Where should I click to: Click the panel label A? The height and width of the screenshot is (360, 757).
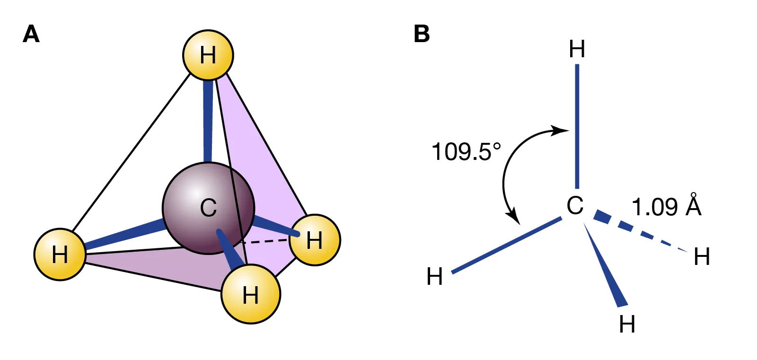[31, 34]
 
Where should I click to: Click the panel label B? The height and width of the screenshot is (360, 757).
[422, 34]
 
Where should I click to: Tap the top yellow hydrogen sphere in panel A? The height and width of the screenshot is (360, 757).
[208, 55]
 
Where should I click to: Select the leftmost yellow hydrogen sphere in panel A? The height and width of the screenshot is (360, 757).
[60, 255]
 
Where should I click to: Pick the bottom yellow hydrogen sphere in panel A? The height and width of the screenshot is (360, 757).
[251, 294]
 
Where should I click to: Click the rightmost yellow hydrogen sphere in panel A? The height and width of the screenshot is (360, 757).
[315, 240]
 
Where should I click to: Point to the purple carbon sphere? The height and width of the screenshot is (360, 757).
[208, 208]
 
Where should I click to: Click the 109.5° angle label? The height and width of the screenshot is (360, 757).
[466, 152]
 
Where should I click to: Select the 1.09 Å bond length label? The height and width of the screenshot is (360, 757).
[666, 207]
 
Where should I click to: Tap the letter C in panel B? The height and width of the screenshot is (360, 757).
[575, 206]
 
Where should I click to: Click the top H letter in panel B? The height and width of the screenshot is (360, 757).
[577, 49]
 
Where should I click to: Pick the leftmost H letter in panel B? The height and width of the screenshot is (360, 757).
[434, 277]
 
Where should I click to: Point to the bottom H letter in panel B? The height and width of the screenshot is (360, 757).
[627, 325]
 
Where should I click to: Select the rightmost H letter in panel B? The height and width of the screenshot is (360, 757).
[702, 257]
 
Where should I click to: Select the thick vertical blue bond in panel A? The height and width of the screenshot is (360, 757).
[208, 121]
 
